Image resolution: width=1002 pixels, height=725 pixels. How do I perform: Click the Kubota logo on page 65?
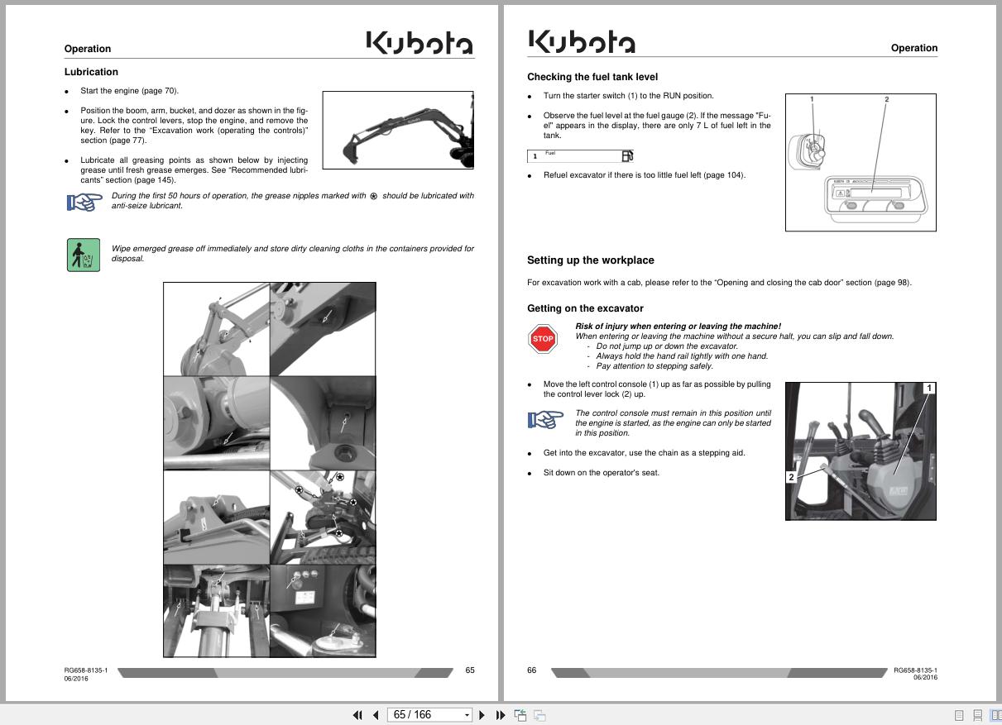[x=419, y=43]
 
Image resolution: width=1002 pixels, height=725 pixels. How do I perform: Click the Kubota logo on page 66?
[x=581, y=41]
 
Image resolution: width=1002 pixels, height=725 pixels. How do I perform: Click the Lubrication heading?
[x=91, y=72]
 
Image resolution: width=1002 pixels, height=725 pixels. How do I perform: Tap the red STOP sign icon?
[x=543, y=339]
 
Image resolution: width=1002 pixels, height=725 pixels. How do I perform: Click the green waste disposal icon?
[x=83, y=255]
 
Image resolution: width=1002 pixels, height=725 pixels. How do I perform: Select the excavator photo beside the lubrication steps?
[x=398, y=131]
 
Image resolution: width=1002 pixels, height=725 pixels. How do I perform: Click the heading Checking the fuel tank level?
[x=592, y=77]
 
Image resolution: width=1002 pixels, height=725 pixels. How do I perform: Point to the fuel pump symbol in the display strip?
[x=627, y=156]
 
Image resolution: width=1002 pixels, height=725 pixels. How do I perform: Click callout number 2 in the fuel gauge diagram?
[x=886, y=99]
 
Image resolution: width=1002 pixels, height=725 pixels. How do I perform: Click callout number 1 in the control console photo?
[x=929, y=388]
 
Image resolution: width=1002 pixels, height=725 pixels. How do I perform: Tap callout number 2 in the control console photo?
[x=791, y=477]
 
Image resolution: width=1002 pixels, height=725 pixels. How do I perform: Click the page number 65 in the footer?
[x=469, y=670]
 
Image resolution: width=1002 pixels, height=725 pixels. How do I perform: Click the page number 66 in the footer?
[x=532, y=670]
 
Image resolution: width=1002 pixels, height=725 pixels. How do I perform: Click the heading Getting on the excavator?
[x=585, y=308]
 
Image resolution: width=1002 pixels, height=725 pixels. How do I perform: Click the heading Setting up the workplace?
[x=590, y=260]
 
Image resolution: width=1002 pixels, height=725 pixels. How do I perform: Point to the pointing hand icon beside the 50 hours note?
[x=84, y=202]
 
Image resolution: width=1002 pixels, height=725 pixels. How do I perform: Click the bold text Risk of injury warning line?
[x=678, y=327]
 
